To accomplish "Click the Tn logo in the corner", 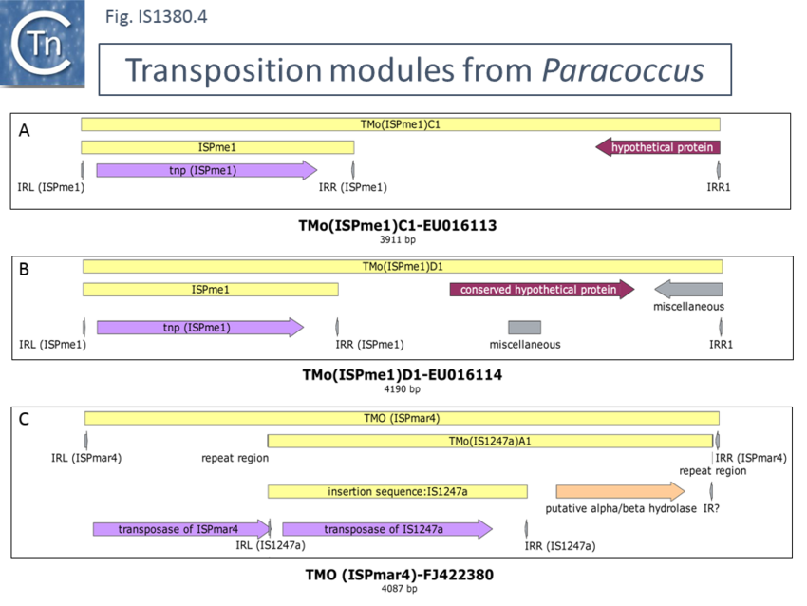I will pos(43,44).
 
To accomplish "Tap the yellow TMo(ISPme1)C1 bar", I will pos(401,123).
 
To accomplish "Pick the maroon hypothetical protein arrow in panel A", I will pos(657,147).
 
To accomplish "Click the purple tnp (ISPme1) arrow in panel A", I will pos(206,170).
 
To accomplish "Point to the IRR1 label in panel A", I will pos(719,187).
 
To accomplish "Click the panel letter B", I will pos(25,269).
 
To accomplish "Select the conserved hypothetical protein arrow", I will pos(541,290).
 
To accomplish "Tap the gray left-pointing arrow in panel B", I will pos(688,290).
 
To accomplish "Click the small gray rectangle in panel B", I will pos(524,327).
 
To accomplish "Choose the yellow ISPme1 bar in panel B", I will pos(210,290).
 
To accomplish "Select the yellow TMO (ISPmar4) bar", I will pos(402,418).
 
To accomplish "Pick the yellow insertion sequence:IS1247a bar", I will pos(397,491).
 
